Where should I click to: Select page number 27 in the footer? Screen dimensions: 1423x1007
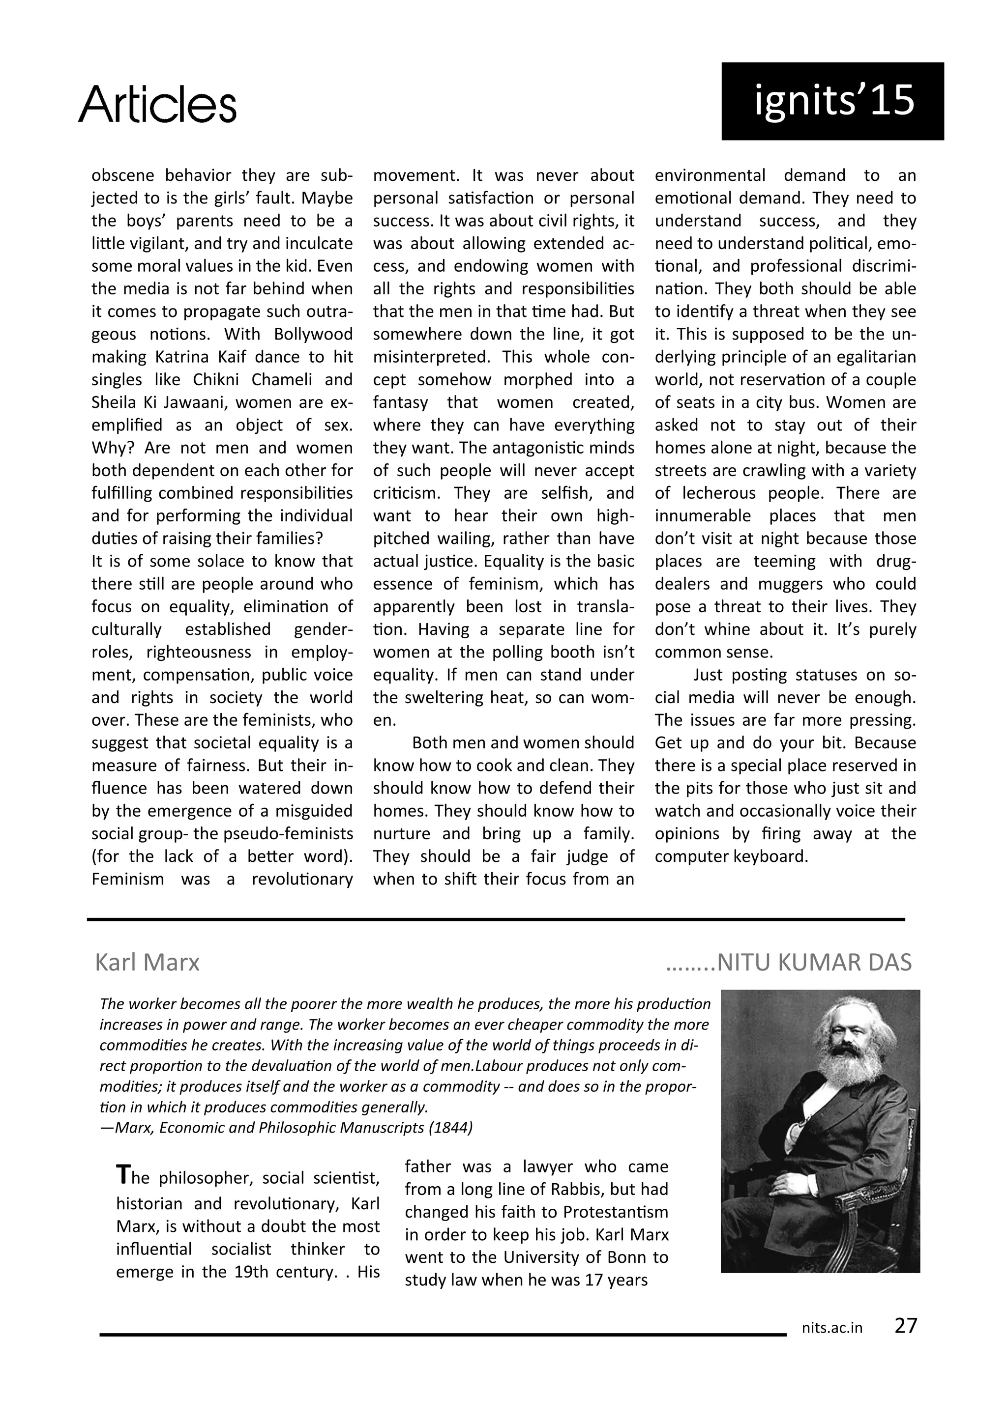point(905,1325)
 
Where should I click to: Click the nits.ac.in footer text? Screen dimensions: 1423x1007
point(831,1328)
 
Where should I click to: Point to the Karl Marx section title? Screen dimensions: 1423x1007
point(147,962)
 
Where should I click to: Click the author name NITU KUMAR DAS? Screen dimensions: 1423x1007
point(814,962)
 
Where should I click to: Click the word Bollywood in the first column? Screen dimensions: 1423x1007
point(313,334)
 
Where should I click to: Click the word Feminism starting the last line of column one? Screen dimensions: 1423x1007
point(128,879)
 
